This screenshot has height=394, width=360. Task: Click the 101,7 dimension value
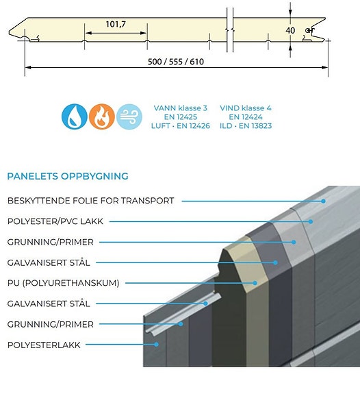(116, 25)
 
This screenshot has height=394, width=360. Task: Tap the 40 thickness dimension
(290, 30)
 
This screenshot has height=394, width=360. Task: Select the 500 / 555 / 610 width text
(176, 62)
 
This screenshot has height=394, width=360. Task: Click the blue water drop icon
(75, 116)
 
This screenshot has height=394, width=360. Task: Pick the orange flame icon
(102, 116)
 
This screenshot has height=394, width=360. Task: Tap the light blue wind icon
(129, 116)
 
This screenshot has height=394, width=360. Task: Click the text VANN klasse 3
(181, 108)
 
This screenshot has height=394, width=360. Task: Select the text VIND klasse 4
(246, 108)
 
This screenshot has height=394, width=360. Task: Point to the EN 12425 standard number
(181, 117)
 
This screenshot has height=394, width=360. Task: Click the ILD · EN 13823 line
(246, 125)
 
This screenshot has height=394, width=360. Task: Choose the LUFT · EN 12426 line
(181, 125)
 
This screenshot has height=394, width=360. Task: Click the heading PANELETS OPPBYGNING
(68, 176)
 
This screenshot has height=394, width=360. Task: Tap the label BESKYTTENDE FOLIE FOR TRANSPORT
(90, 201)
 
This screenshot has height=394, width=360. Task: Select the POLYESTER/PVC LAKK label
(55, 221)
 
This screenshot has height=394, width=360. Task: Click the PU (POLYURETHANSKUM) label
(63, 283)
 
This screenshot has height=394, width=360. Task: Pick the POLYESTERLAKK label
(44, 345)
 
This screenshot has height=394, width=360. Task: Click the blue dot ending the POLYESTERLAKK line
(156, 344)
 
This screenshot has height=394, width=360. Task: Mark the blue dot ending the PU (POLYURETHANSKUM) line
(255, 283)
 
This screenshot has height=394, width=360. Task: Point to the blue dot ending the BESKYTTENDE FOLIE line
(323, 201)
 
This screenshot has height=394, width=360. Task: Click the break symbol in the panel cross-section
(230, 30)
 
